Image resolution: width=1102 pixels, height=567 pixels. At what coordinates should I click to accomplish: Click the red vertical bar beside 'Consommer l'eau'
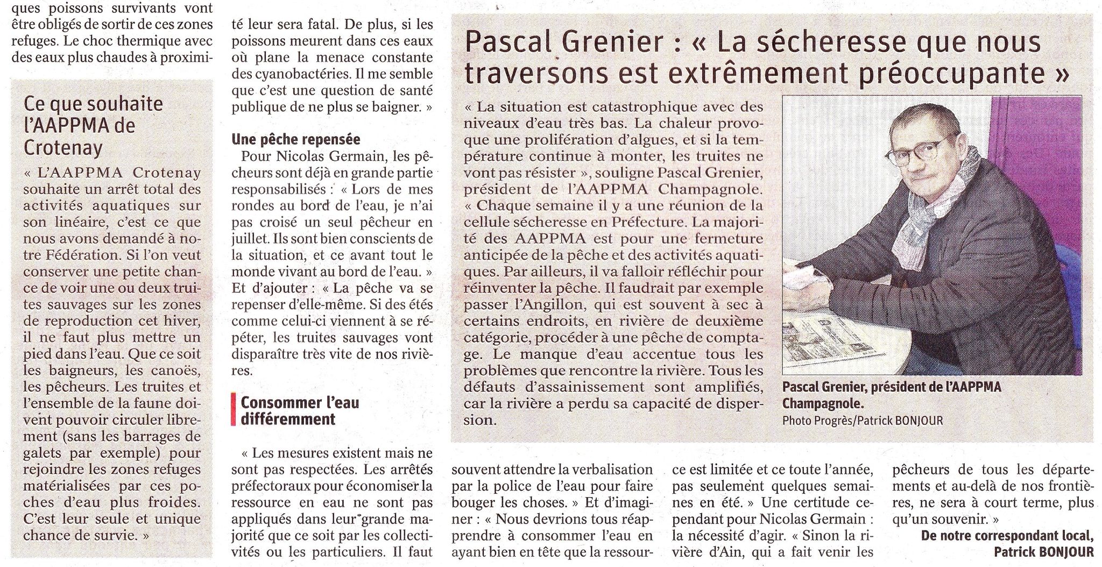pos(233,410)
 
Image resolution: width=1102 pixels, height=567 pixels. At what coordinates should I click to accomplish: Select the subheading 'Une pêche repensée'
pos(295,139)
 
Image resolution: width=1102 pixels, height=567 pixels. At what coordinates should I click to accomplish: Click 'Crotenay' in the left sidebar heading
pos(63,148)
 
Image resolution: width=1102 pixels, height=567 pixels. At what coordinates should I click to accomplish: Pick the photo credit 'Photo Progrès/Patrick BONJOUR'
pos(863,420)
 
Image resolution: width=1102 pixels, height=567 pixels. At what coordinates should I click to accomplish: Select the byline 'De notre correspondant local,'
pos(1007,536)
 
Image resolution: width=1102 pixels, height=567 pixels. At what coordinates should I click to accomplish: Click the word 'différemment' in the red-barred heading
pos(288,419)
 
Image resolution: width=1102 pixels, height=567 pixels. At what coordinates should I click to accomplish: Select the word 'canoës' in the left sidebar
pos(173,371)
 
